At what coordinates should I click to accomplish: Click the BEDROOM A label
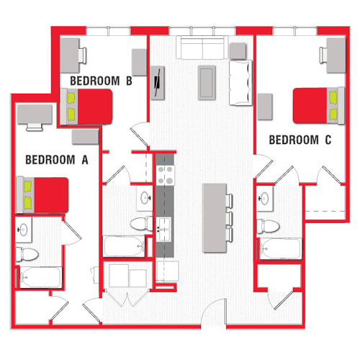pyautogui.click(x=56, y=161)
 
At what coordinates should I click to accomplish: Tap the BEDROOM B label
pyautogui.click(x=100, y=81)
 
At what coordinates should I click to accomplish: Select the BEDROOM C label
pyautogui.click(x=300, y=140)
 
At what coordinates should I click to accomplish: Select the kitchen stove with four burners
pyautogui.click(x=166, y=174)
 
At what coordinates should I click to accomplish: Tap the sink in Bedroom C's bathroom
pyautogui.click(x=266, y=197)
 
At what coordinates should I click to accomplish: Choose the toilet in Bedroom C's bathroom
pyautogui.click(x=269, y=225)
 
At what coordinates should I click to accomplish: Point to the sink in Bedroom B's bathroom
pyautogui.click(x=143, y=197)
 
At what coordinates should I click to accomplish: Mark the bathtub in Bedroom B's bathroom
pyautogui.click(x=125, y=246)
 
